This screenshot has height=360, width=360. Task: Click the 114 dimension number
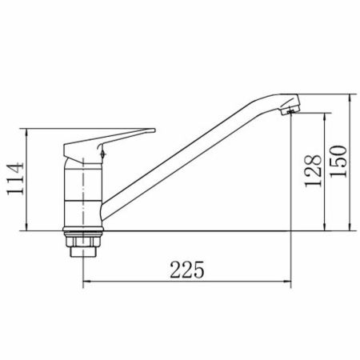click(x=15, y=178)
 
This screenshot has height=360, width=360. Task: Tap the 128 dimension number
click(x=313, y=171)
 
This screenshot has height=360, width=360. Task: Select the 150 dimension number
click(x=338, y=162)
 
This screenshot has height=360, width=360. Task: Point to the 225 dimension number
click(x=187, y=270)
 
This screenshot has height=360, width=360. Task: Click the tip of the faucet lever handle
click(x=154, y=130)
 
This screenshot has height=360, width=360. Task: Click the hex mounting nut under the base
click(x=83, y=242)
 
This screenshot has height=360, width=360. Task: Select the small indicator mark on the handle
click(x=102, y=154)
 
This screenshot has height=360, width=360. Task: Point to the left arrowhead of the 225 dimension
click(x=87, y=281)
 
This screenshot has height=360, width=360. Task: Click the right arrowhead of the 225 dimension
click(x=287, y=281)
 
